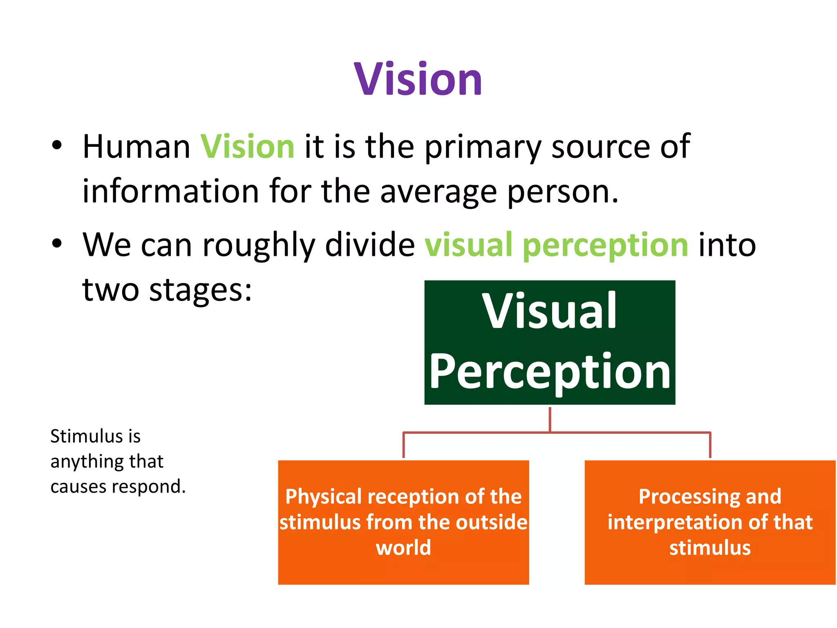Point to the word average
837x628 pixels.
(438, 192)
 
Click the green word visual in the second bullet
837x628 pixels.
(468, 245)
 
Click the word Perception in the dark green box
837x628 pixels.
(550, 372)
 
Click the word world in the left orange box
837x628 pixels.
(403, 548)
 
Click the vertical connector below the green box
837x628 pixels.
(550, 419)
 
